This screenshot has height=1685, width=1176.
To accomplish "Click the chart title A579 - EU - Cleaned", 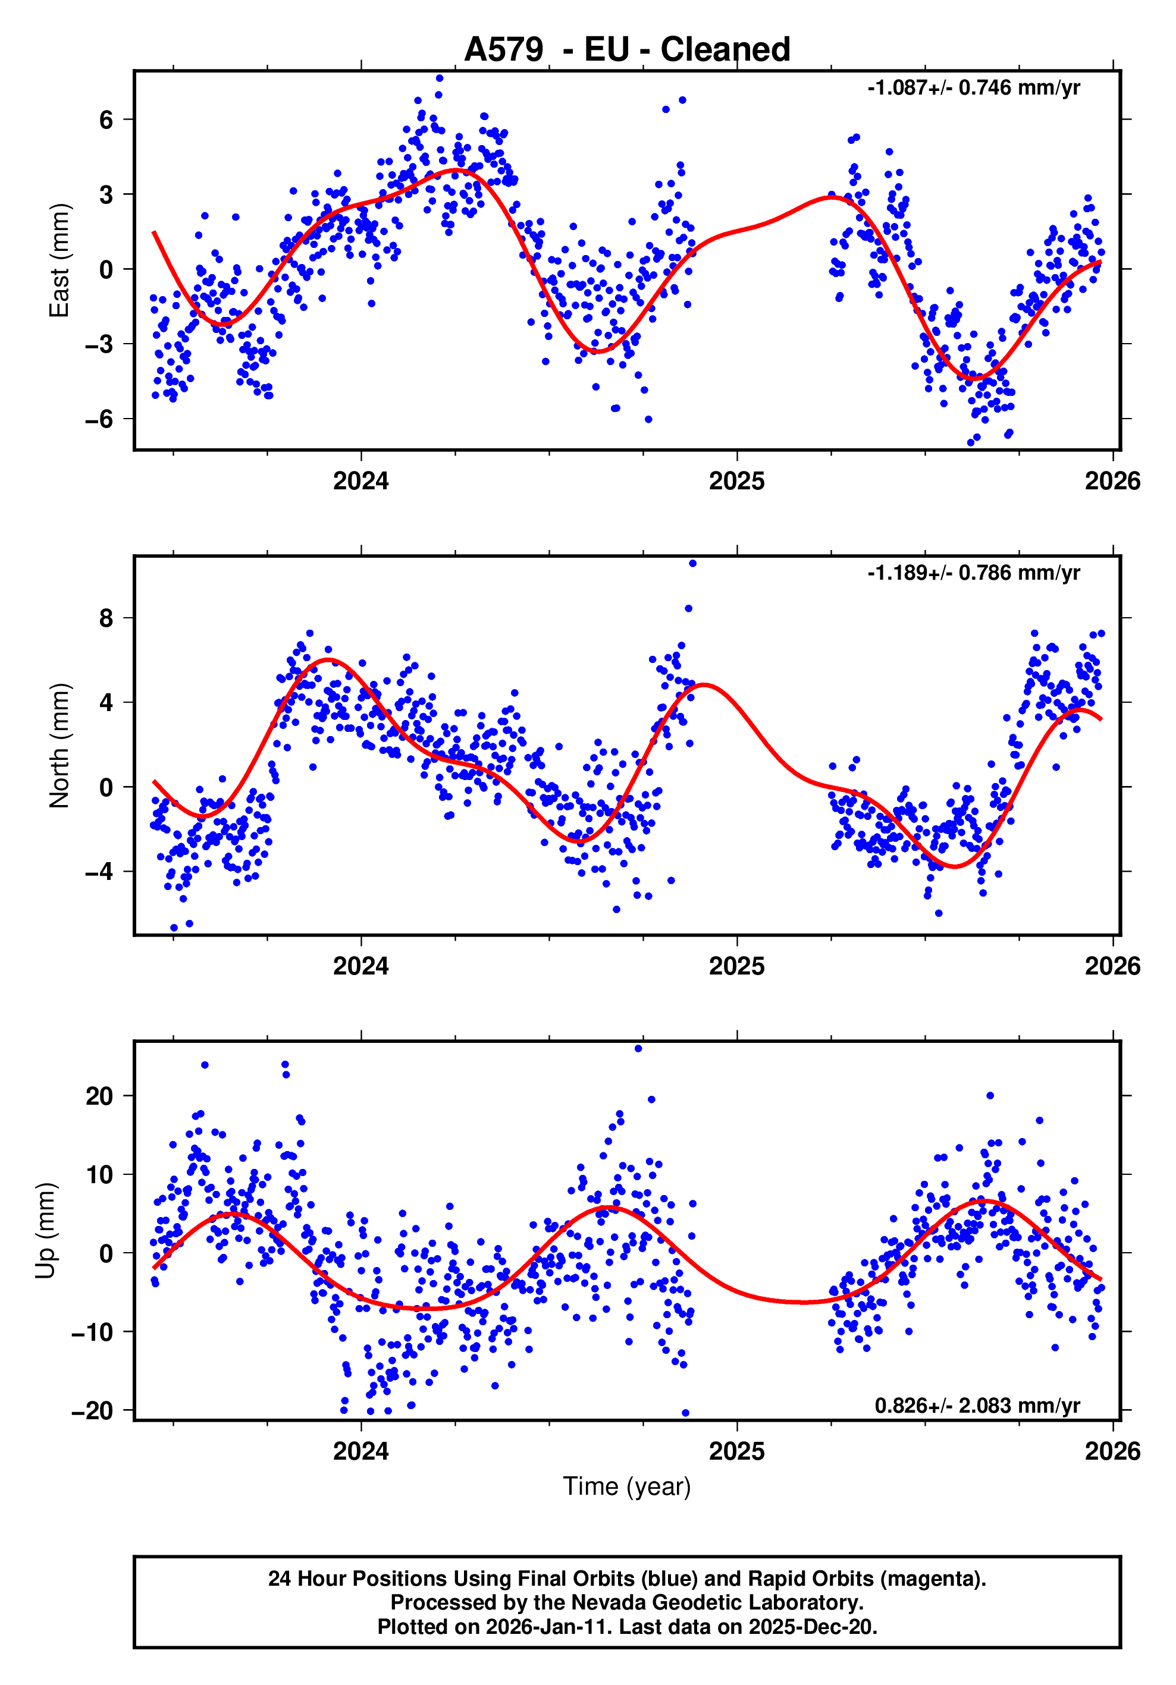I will [x=627, y=50].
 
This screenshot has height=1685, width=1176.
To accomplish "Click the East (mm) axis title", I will [x=59, y=260].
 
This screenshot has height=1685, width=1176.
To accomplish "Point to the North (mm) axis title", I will [x=59, y=746].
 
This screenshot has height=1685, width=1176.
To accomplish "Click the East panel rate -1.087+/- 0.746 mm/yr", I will [x=973, y=88].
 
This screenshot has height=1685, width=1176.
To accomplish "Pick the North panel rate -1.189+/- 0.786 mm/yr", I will [x=973, y=573].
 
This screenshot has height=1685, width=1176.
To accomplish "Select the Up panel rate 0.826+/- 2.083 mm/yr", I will [x=977, y=1406].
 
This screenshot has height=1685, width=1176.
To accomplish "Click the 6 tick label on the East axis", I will [x=106, y=120].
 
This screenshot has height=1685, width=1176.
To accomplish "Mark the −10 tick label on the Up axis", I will [x=92, y=1332].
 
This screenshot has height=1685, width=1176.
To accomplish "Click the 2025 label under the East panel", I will [x=736, y=482].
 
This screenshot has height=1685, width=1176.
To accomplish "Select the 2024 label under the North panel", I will [x=360, y=967].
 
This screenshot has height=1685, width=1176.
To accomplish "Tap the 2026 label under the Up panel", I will [x=1112, y=1451].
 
